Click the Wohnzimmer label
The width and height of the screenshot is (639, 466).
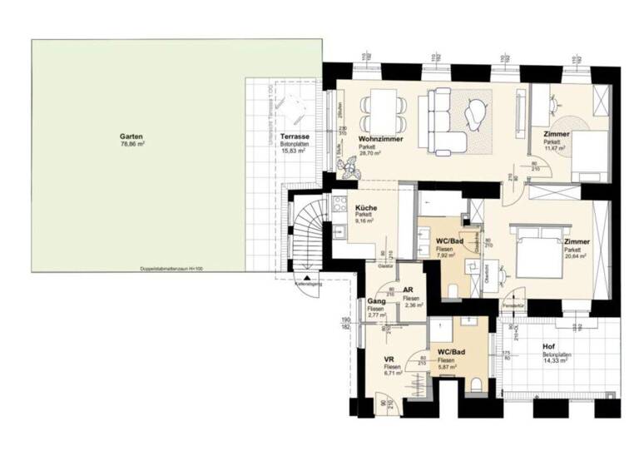(381, 139)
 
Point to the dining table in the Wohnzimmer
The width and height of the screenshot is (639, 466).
(383, 107)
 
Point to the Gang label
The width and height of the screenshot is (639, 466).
(374, 301)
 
